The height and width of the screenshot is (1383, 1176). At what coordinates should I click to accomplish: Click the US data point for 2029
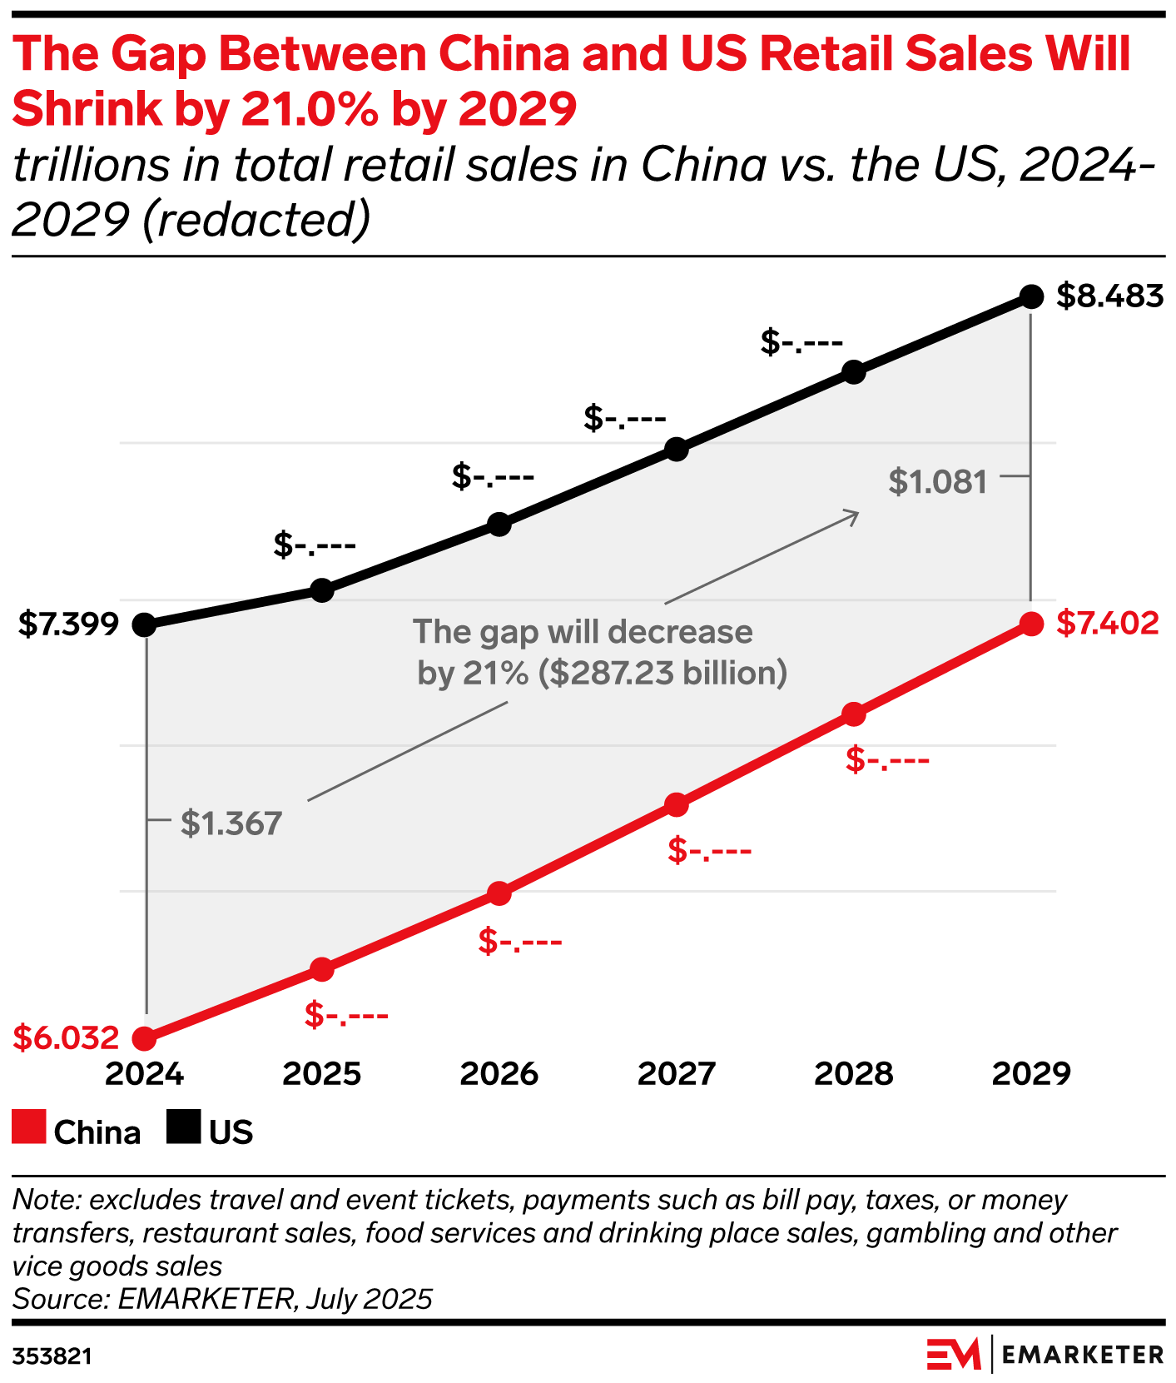pyautogui.click(x=1031, y=296)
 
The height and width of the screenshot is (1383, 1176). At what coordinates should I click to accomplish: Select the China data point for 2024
pyautogui.click(x=145, y=1038)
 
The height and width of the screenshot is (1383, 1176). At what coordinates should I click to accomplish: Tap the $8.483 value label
pyautogui.click(x=1109, y=296)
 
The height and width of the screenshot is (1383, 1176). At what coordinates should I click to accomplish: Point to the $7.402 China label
pyautogui.click(x=1107, y=624)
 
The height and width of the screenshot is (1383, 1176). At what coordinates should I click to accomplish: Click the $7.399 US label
pyautogui.click(x=69, y=624)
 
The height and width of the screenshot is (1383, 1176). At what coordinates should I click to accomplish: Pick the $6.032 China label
pyautogui.click(x=67, y=1038)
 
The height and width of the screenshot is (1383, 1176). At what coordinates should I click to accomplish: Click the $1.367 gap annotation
pyautogui.click(x=231, y=823)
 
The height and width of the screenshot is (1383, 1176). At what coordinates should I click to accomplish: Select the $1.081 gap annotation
pyautogui.click(x=937, y=482)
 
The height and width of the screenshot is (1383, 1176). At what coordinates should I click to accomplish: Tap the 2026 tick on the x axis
pyautogui.click(x=499, y=1074)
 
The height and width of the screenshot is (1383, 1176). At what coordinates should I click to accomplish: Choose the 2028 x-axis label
pyautogui.click(x=853, y=1074)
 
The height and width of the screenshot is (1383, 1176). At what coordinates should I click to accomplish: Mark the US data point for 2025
pyautogui.click(x=322, y=590)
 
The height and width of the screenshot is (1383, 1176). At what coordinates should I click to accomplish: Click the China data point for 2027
pyautogui.click(x=677, y=805)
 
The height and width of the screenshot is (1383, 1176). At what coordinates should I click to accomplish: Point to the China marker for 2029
pyautogui.click(x=1031, y=624)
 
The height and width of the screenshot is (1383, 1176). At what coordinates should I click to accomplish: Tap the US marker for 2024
pyautogui.click(x=145, y=624)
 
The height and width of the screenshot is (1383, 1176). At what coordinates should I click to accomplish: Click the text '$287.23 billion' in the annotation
pyautogui.click(x=662, y=673)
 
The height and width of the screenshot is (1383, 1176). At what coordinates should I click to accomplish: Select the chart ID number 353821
pyautogui.click(x=52, y=1357)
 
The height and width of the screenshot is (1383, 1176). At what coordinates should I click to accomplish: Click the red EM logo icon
pyautogui.click(x=954, y=1356)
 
